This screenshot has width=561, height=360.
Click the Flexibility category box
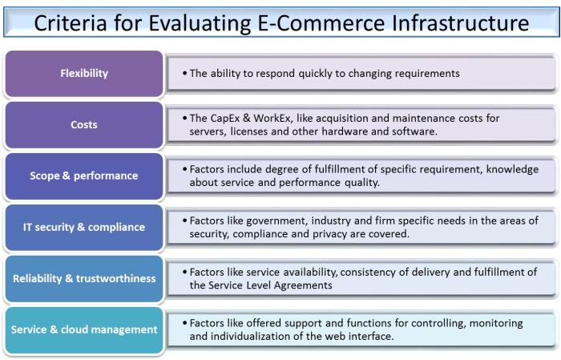84,74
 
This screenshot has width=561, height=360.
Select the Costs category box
84,125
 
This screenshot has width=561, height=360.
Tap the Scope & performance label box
84,176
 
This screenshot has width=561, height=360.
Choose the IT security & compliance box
84,228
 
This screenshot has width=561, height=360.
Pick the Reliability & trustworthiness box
84,279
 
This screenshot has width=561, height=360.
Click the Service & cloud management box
84,330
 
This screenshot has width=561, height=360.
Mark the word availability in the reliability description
308,272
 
